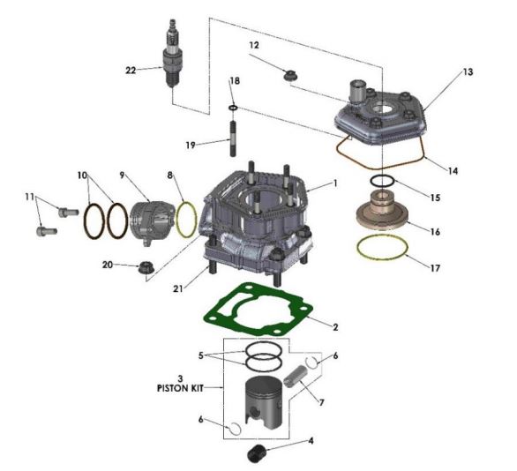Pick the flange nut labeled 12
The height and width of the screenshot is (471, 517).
289,74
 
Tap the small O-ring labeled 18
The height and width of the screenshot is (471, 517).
233,108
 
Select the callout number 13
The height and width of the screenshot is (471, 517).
467,71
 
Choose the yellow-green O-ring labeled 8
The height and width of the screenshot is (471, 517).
186,219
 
